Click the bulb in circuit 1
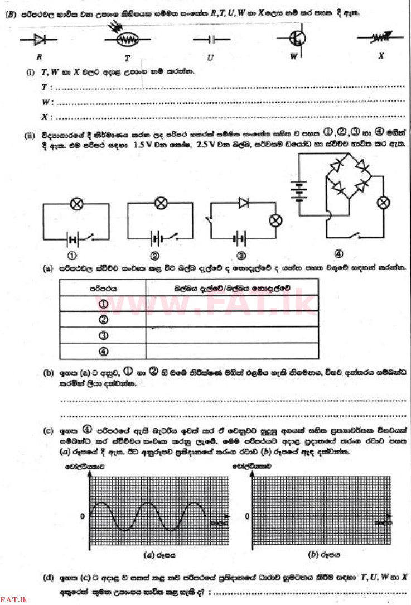(77, 204)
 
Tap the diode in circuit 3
(244, 203)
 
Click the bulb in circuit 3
(274, 221)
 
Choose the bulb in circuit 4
(383, 202)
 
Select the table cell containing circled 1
(103, 304)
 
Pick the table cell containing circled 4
(103, 352)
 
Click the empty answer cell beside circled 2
(231, 320)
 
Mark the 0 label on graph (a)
(83, 516)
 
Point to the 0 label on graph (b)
(245, 516)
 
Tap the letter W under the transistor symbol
(293, 56)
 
